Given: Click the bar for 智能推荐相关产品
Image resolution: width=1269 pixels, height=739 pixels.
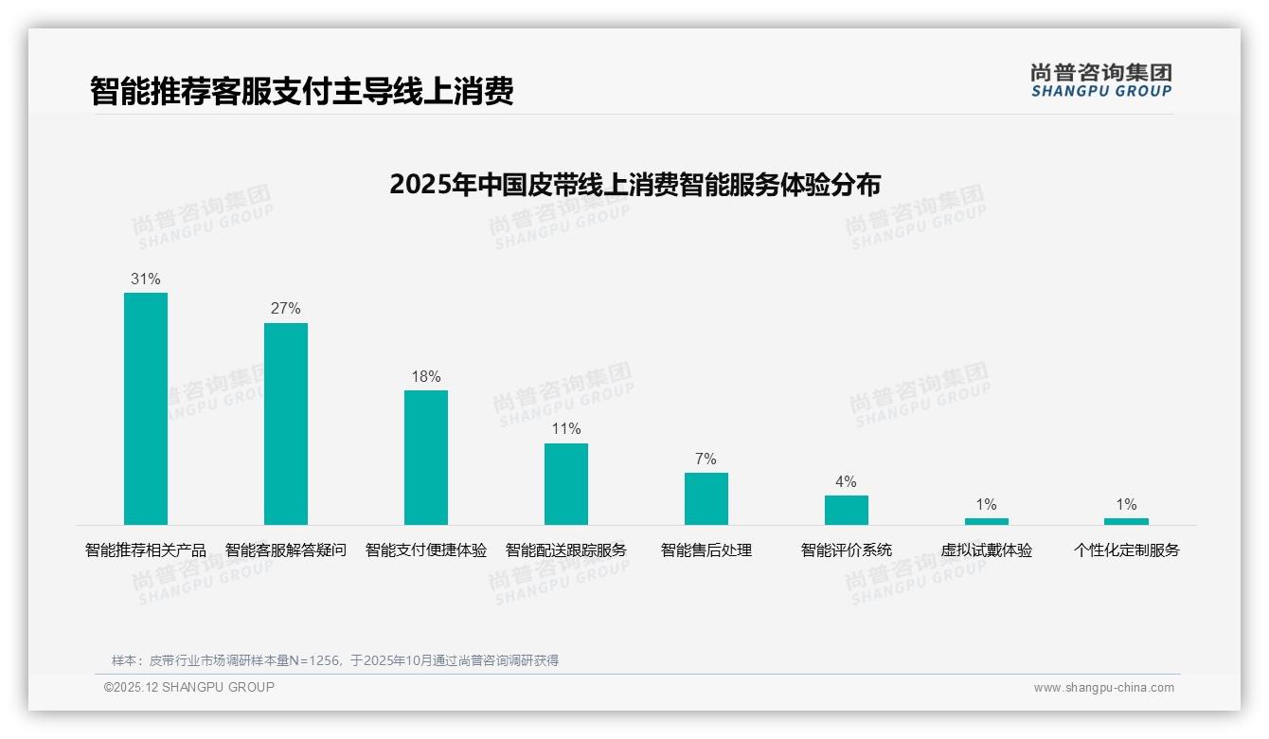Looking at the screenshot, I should pos(146,408).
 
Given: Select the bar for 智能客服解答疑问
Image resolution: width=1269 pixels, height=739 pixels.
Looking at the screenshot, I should pos(286,424).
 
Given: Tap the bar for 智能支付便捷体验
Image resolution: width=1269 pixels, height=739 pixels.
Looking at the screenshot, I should pos(426,458).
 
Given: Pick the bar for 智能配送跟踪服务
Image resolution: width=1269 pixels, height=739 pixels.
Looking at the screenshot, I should pos(566,484).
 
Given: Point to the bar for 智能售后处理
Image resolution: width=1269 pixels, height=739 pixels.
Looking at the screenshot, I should pos(706,498).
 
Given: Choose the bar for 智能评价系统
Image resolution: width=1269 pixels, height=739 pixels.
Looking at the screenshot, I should pos(847,510).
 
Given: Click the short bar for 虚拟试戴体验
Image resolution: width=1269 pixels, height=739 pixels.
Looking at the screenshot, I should pos(987,521).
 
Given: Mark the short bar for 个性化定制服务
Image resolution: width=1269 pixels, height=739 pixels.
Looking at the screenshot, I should pos(1126,521).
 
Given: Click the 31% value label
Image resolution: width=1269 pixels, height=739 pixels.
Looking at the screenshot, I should pos(146,279).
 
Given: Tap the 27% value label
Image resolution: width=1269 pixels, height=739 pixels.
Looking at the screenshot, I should pos(286,309).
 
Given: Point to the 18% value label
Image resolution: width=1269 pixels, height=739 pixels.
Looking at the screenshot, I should pos(426,377).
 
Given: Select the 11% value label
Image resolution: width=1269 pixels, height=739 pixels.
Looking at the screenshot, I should pos(566,429).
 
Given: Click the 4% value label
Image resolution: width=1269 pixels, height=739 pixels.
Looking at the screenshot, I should pos(847,482).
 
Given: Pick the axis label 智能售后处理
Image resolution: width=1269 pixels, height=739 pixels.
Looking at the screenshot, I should pos(706,550).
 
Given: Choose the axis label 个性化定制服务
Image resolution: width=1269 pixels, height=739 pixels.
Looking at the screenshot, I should pos(1126,550).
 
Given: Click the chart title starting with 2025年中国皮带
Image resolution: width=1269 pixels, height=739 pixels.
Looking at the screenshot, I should pos(634,185).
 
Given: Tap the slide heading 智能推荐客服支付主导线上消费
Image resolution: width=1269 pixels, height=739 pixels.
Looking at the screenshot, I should pos(301,92).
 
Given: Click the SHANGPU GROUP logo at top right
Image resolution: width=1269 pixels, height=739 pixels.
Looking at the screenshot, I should pos(1100,81).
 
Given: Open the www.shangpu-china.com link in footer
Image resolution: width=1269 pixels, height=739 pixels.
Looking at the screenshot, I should pos(1103,688).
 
